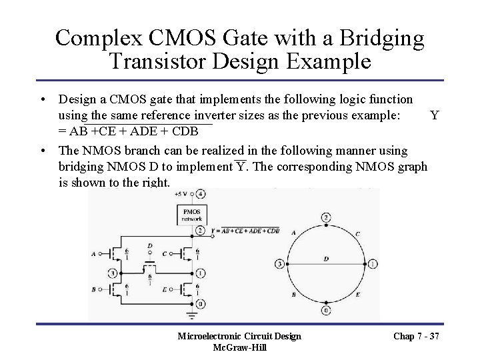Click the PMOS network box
pyautogui.click(x=187, y=215)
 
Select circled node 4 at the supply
pyautogui.click(x=201, y=194)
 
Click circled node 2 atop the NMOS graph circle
pyautogui.click(x=325, y=217)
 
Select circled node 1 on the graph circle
pyautogui.click(x=372, y=264)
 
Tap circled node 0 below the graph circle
pyautogui.click(x=325, y=311)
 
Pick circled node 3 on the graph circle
pyautogui.click(x=278, y=264)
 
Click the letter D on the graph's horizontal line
pyautogui.click(x=324, y=259)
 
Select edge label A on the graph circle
pyautogui.click(x=295, y=233)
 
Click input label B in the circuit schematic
pyautogui.click(x=93, y=291)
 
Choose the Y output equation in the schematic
pyautogui.click(x=245, y=231)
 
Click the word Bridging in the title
pyautogui.click(x=381, y=38)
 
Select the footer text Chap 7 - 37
pyautogui.click(x=417, y=336)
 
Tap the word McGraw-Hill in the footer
pyautogui.click(x=239, y=348)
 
